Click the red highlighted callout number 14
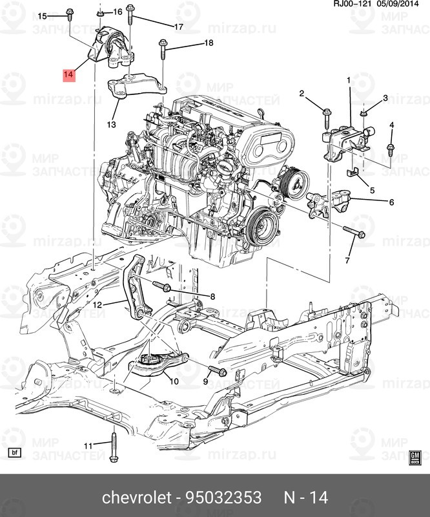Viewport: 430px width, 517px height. [69, 75]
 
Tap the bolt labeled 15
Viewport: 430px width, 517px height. [70, 15]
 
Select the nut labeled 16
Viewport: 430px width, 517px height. [101, 14]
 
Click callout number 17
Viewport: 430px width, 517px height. [179, 26]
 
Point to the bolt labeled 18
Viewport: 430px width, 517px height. [163, 50]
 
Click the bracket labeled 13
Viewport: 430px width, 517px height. [136, 86]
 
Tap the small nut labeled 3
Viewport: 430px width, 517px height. [363, 114]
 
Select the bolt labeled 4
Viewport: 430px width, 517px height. [391, 150]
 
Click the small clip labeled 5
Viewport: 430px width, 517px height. [353, 172]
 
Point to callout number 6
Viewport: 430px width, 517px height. [391, 202]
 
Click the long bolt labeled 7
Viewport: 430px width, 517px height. [354, 231]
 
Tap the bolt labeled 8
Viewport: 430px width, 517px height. [161, 286]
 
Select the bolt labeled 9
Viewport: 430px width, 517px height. [218, 370]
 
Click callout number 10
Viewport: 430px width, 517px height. [174, 381]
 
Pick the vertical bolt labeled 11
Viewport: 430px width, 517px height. [114, 447]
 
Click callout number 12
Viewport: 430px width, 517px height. [97, 305]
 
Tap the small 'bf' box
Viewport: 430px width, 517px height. [14, 453]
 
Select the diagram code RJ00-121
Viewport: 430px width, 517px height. [353, 4]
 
